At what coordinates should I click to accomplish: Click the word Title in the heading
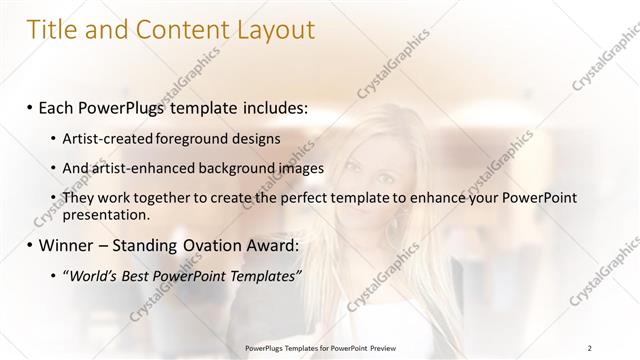(55, 30)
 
